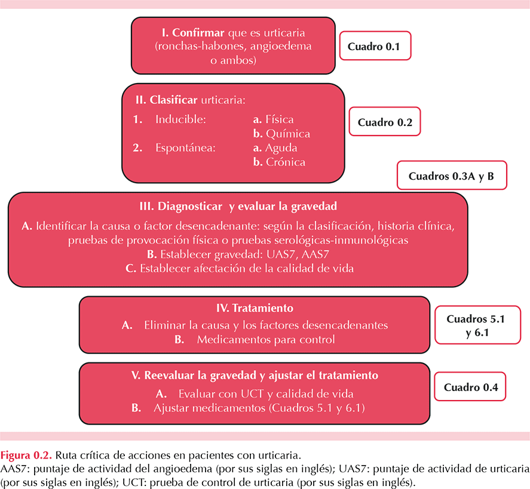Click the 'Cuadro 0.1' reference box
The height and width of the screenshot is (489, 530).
coord(375,46)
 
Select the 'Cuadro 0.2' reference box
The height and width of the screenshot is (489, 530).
coord(385,122)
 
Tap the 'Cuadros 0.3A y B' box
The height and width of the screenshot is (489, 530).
coord(452,176)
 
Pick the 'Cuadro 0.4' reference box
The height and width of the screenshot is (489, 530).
coord(470,387)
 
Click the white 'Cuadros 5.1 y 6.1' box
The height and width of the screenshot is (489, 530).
coord(477,325)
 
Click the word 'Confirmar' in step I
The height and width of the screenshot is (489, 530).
coord(198,33)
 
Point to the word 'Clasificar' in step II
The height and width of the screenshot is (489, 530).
coord(173,100)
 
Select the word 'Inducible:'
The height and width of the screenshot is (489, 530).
coord(180,119)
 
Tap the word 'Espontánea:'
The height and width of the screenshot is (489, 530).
coord(185,148)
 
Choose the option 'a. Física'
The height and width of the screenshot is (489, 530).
coord(273,119)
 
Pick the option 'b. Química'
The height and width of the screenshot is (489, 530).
coord(281,134)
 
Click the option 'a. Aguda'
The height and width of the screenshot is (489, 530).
coord(275,148)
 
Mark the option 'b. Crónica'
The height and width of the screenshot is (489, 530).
coord(279,162)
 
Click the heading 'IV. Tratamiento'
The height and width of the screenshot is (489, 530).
coord(255,308)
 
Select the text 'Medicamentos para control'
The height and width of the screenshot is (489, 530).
coord(266,339)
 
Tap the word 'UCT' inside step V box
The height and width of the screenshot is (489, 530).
coord(252,393)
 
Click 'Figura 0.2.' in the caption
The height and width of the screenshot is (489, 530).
coord(26,455)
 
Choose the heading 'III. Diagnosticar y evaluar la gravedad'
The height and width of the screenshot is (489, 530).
coord(238,207)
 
